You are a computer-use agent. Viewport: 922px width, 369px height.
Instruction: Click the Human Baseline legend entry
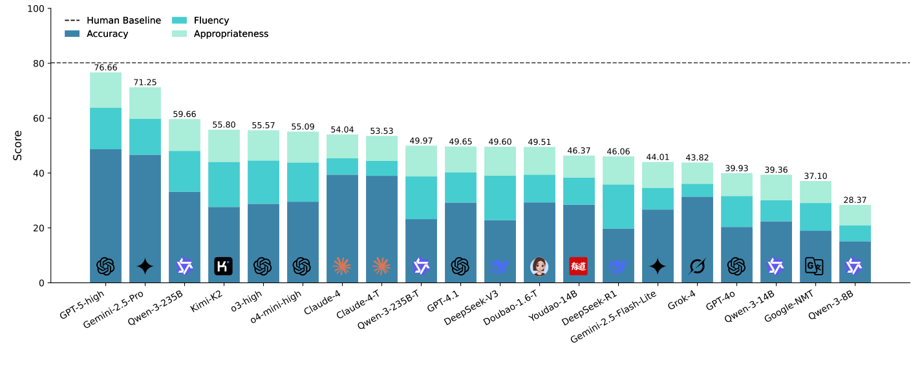coord(123,21)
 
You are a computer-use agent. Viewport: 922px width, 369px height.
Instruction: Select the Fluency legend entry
coord(211,21)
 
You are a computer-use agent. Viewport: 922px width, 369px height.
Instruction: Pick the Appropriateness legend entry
coord(230,34)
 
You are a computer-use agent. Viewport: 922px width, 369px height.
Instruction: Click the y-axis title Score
coord(18,145)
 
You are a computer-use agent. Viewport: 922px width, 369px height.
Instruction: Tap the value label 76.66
coord(105,67)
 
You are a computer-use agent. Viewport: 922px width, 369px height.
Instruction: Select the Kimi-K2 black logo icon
coord(223,266)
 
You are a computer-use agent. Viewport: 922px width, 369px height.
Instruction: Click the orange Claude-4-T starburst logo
coord(381,266)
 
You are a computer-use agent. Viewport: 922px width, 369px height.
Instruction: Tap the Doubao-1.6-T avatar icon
coord(539,266)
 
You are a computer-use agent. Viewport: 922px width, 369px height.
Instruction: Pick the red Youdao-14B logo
coord(579,266)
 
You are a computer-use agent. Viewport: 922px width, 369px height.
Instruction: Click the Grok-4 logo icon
coord(697,266)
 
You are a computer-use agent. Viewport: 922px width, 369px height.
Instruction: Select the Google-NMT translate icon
coord(815,266)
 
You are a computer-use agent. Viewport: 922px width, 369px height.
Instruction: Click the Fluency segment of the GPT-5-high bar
coord(105,128)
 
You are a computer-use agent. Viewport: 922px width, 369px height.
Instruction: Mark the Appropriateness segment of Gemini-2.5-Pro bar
coord(145,103)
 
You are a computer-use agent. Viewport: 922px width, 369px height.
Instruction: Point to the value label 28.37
coord(855,200)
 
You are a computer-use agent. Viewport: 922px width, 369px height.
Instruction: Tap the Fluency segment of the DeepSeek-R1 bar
coord(618,206)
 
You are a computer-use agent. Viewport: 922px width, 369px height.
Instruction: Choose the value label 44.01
coord(658,157)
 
